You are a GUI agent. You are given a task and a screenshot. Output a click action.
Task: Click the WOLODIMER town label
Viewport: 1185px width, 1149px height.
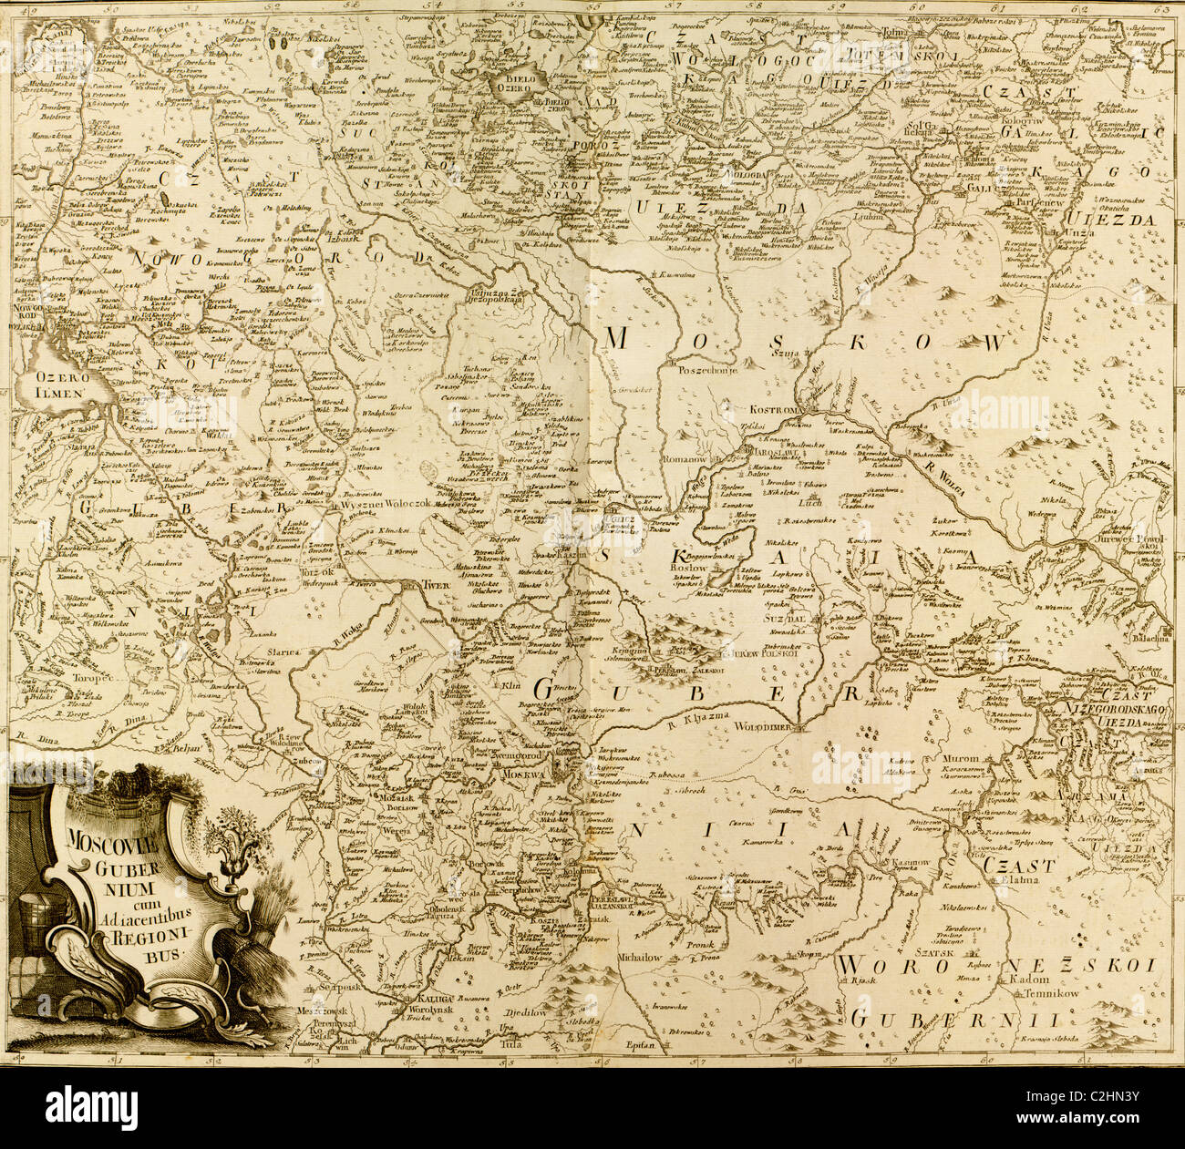point(768,729)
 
